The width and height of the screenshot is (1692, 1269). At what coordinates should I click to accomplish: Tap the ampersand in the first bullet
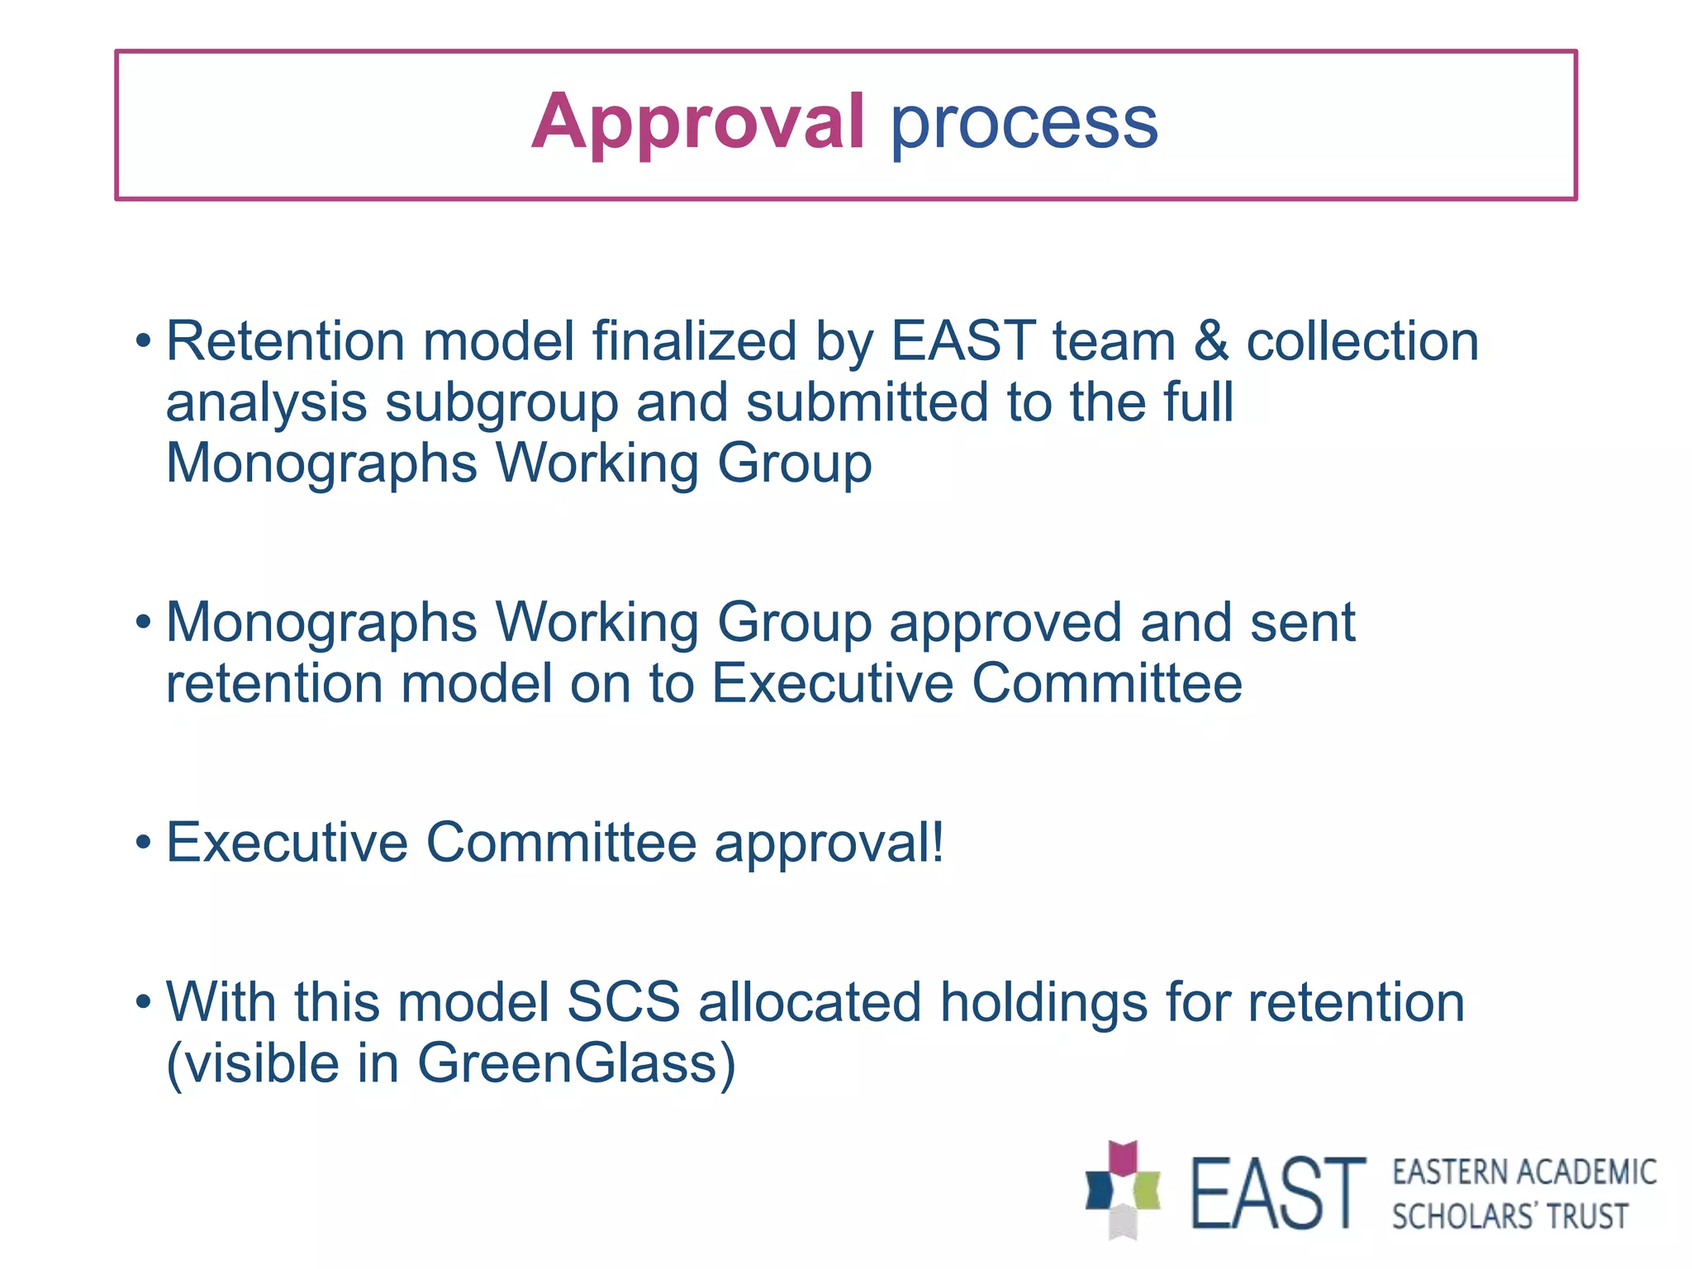(x=1210, y=341)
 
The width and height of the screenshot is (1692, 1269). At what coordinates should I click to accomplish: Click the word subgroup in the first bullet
(x=501, y=404)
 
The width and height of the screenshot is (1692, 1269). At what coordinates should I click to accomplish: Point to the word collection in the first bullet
(x=1362, y=341)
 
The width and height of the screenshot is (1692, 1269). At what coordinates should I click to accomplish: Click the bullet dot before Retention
(x=144, y=341)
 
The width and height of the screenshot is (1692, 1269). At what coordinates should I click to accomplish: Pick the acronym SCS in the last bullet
(x=623, y=1002)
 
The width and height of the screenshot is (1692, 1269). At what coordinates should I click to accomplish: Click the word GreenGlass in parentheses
(x=567, y=1063)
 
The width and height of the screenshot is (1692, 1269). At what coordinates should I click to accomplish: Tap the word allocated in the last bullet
(x=809, y=1002)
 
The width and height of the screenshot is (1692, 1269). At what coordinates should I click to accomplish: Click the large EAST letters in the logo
(x=1277, y=1193)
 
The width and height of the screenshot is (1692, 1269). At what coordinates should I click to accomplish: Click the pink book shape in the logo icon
(x=1123, y=1158)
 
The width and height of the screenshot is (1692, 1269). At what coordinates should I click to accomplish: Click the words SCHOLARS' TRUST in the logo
(x=1509, y=1217)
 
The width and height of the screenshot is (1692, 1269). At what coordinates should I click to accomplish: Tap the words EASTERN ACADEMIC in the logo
(x=1523, y=1172)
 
